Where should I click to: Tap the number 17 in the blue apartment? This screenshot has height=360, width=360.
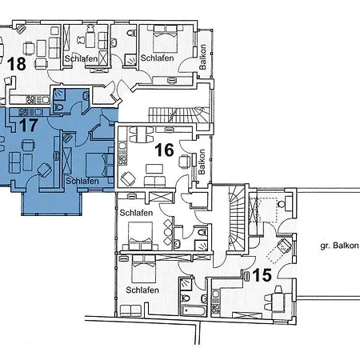coord(28,125)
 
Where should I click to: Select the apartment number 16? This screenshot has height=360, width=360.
coord(164,150)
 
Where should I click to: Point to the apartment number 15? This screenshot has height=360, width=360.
coord(262,276)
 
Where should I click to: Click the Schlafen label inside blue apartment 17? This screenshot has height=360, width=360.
coord(83,182)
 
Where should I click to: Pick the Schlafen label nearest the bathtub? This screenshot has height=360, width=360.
coord(141,290)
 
